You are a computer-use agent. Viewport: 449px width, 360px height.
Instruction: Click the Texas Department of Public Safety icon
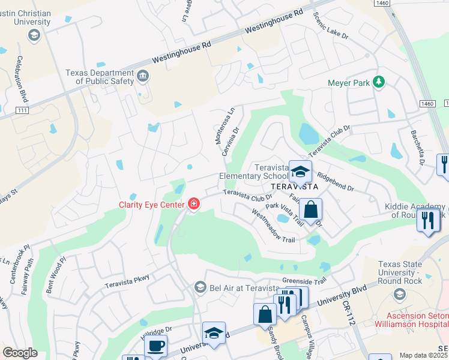(x=143, y=76)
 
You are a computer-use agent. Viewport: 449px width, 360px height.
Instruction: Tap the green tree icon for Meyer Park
(x=379, y=82)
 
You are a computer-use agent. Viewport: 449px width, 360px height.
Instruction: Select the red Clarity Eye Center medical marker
(x=193, y=205)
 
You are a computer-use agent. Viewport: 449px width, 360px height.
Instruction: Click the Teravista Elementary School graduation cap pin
(x=300, y=172)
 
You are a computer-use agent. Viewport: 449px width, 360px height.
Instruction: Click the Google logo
(x=20, y=353)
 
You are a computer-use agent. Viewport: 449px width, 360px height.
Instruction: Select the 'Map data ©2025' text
(x=423, y=355)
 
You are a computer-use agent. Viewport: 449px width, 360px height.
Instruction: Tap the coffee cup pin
(x=156, y=347)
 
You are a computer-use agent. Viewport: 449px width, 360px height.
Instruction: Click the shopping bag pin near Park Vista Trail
(x=310, y=211)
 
